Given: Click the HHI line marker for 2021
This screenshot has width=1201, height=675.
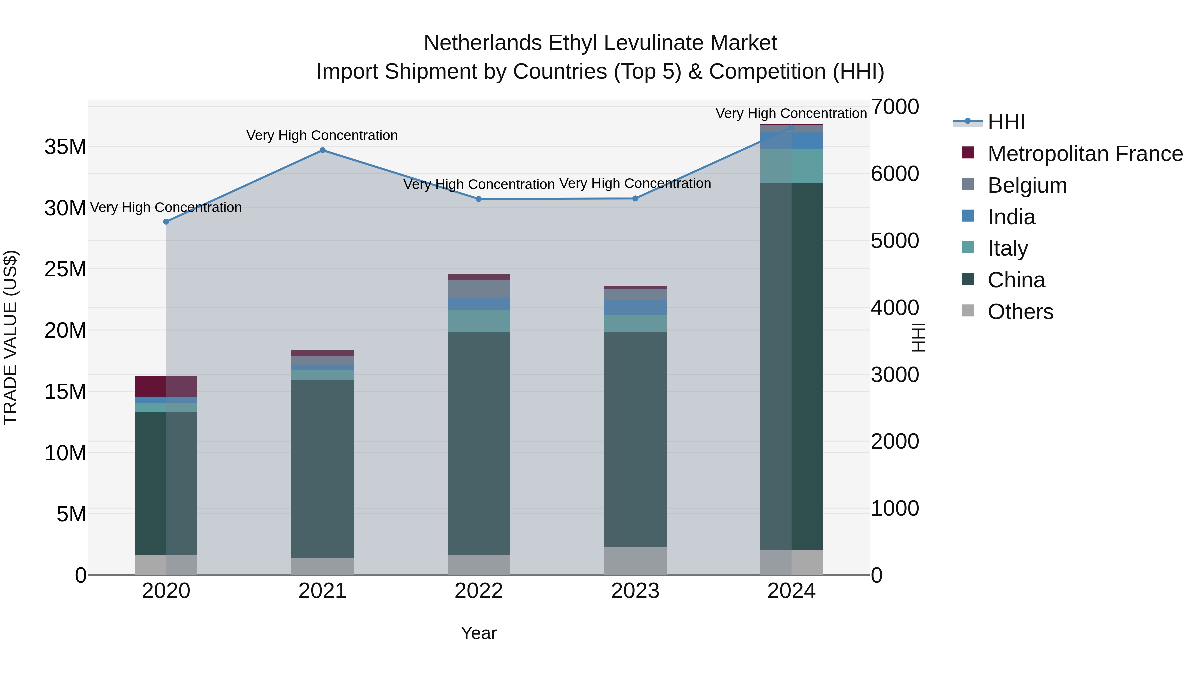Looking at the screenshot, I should (x=322, y=150).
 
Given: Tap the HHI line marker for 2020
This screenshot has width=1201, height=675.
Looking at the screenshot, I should (x=166, y=222).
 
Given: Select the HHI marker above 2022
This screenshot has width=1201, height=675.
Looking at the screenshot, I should (x=479, y=199).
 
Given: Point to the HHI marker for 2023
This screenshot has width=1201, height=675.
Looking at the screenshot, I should (x=635, y=198).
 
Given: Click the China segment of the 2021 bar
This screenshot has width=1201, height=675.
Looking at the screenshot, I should (x=322, y=468).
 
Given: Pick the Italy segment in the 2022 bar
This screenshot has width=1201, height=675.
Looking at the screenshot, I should (x=479, y=321).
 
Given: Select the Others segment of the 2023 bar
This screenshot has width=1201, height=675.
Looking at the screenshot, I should (x=635, y=561).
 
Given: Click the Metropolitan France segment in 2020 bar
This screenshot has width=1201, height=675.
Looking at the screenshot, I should (x=166, y=386).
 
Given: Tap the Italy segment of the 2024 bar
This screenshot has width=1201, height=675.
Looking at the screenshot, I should (x=791, y=166).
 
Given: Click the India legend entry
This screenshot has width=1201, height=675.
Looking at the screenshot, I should (x=1011, y=217).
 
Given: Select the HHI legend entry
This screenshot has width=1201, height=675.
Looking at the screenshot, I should (x=1006, y=122).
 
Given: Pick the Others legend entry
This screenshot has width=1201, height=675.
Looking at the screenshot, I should (x=1020, y=312).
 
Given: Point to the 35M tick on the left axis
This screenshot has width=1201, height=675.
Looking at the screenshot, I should (x=65, y=147).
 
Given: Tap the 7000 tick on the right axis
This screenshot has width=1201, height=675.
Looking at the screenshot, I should (x=895, y=107).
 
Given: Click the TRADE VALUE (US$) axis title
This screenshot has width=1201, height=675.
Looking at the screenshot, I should (x=10, y=337).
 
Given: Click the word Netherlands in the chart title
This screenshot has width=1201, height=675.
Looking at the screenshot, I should (x=482, y=43).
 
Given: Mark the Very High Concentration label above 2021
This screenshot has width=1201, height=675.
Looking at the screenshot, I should (x=322, y=136).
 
